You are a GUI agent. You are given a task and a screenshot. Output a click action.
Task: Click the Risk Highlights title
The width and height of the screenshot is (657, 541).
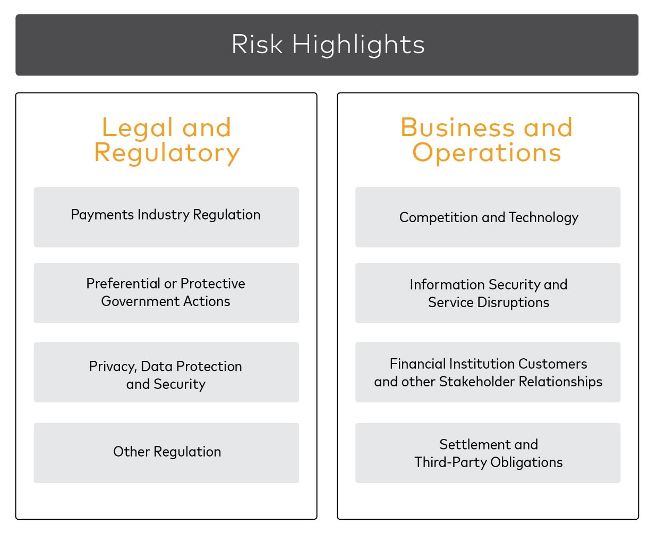[x=328, y=45]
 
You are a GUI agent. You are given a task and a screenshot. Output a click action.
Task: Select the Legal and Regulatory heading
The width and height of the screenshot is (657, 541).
[x=167, y=140]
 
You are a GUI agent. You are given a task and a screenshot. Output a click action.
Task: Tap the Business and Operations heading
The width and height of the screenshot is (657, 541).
[x=487, y=140]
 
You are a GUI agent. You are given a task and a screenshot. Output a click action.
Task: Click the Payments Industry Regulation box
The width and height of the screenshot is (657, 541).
[x=166, y=217]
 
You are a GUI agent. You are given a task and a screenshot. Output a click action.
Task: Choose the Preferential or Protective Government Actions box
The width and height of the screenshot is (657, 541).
[x=166, y=293]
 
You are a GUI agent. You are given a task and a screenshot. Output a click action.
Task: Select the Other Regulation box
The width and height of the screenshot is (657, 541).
[x=166, y=453]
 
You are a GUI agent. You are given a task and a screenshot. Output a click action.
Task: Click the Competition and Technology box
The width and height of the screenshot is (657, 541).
[x=488, y=217]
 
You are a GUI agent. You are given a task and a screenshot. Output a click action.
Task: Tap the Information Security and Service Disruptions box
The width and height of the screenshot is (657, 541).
[x=488, y=293]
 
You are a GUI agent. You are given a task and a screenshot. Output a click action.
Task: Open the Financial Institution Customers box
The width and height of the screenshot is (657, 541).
[x=488, y=373]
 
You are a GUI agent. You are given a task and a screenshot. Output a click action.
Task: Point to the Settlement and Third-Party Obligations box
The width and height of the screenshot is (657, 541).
[x=488, y=453]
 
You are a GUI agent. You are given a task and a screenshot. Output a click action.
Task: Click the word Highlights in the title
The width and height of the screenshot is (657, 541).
[x=359, y=45]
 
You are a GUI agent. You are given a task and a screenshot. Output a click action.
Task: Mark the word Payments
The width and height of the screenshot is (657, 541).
[x=103, y=215]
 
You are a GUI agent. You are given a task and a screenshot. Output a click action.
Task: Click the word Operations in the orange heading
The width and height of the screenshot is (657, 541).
[x=487, y=153]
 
